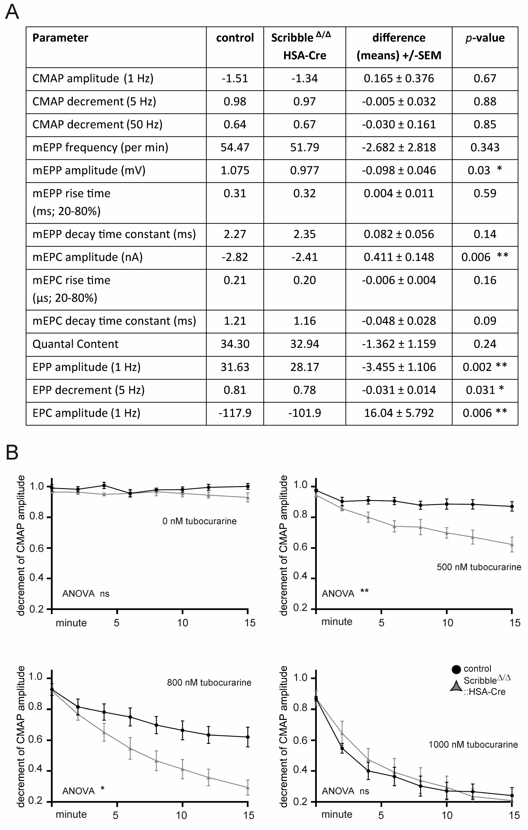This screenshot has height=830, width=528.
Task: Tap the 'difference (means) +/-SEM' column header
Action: [x=399, y=47]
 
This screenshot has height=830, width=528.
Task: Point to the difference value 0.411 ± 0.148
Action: [x=399, y=257]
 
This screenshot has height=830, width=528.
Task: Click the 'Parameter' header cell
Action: [x=60, y=38]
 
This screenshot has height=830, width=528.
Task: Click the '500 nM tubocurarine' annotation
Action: [x=479, y=567]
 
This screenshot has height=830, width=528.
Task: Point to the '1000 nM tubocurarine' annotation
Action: [x=473, y=745]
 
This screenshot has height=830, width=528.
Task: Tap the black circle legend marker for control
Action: [x=456, y=669]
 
